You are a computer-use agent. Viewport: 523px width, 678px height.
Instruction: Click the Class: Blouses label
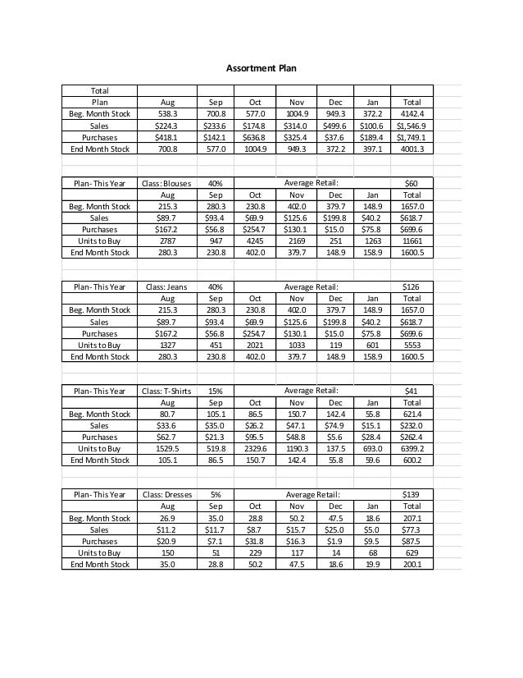(x=166, y=183)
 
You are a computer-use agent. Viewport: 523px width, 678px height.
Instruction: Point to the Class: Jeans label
(x=166, y=287)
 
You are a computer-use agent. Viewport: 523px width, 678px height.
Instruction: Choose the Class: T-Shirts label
(x=166, y=391)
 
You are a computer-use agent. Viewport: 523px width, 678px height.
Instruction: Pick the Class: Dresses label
(x=166, y=495)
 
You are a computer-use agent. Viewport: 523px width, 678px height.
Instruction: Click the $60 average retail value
(x=412, y=183)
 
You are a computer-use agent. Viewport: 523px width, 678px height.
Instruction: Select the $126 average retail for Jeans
(x=412, y=287)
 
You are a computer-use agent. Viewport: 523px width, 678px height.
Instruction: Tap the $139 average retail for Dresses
(x=412, y=495)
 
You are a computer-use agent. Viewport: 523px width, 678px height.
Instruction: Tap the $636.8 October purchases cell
(x=255, y=138)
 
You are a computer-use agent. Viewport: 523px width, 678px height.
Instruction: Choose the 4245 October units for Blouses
(x=255, y=241)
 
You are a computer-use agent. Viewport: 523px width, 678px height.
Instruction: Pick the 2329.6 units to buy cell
(x=255, y=449)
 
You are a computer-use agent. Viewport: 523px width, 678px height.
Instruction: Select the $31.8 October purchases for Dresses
(x=255, y=542)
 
